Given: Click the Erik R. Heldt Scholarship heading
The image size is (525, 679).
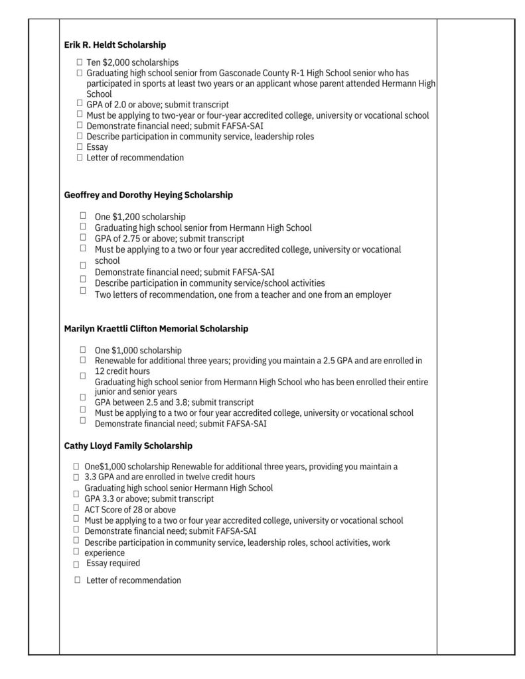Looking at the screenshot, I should coord(115,45).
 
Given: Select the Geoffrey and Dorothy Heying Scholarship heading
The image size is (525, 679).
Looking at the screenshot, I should coord(148,195).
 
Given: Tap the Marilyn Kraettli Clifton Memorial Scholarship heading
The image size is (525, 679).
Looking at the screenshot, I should coord(156,328).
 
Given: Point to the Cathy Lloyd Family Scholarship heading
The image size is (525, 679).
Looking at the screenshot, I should coord(128,446).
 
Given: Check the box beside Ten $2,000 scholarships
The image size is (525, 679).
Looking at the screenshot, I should coord(80,62).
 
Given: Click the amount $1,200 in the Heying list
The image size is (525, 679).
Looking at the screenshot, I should coord(126,217).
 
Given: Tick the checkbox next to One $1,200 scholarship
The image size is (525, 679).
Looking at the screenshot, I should coord(84,216).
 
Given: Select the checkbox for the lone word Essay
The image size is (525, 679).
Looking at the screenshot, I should coord(80,147).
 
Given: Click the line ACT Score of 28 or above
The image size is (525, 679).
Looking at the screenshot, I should coord(130,509).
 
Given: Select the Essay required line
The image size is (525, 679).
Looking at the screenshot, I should coord(113,563).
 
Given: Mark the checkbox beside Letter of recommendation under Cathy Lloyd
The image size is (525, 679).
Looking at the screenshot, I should coord(78,580).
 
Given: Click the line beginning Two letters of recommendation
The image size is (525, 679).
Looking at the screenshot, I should coord(242,294).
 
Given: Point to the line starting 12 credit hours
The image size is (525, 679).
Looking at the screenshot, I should coord(122,371).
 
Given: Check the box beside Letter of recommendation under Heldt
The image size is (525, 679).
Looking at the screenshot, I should coord(80,157).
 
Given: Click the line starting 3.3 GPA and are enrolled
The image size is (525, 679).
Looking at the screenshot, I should coord(169,477).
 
